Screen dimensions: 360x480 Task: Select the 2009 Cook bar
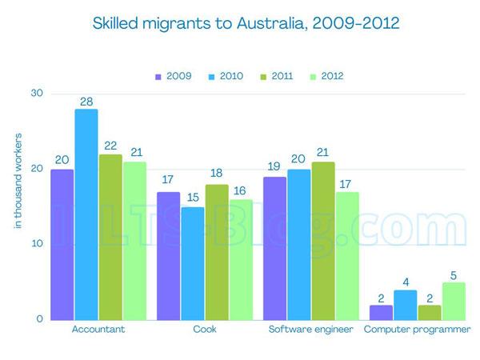pyautogui.click(x=167, y=256)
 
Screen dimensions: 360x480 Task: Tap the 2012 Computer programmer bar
pyautogui.click(x=453, y=301)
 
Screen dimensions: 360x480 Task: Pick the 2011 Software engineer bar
pyautogui.click(x=322, y=241)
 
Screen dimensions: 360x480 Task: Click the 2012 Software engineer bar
pyautogui.click(x=347, y=256)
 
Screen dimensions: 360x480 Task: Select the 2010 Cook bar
pyautogui.click(x=192, y=263)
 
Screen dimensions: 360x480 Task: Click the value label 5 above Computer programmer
pyautogui.click(x=453, y=273)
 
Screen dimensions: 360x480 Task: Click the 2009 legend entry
pyautogui.click(x=173, y=77)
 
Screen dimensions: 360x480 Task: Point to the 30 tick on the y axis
pyautogui.click(x=36, y=94)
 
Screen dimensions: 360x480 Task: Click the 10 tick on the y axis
pyautogui.click(x=36, y=244)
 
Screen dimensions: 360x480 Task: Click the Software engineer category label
pyautogui.click(x=310, y=330)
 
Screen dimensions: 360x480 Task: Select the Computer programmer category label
pyautogui.click(x=416, y=330)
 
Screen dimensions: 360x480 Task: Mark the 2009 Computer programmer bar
pyautogui.click(x=381, y=312)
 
